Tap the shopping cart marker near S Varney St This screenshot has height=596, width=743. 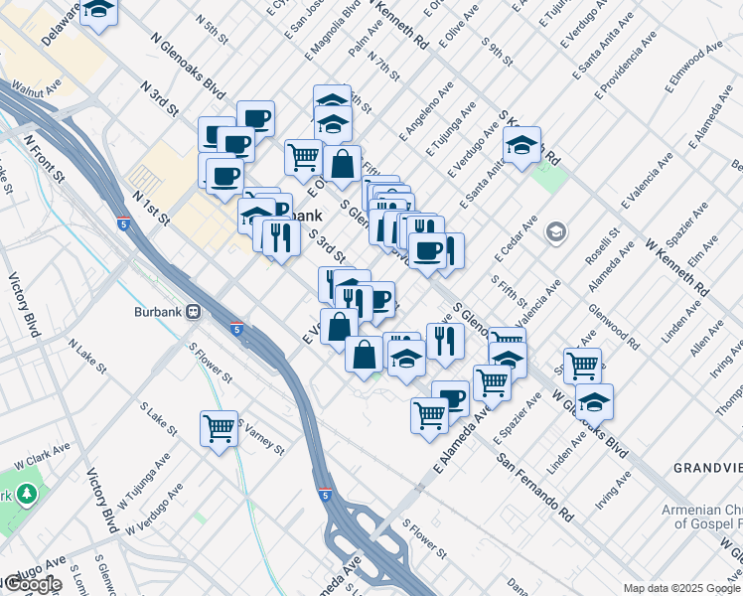pyautogui.click(x=219, y=429)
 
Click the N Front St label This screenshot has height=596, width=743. pyautogui.click(x=44, y=158)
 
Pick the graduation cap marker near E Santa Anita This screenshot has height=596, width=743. pyautogui.click(x=521, y=145)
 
